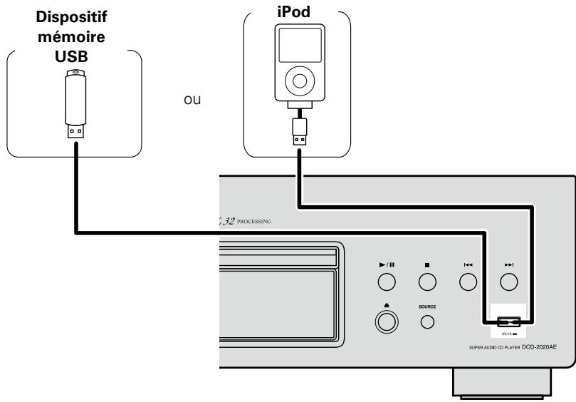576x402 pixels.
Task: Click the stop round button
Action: [x=426, y=282]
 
